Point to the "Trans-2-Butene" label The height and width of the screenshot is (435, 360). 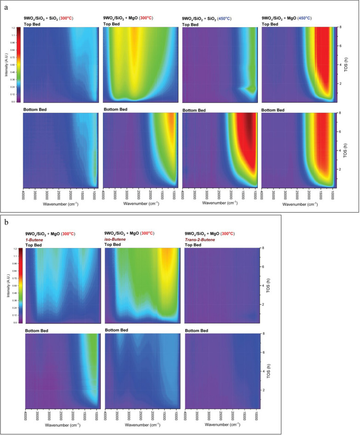[x=201, y=240]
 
